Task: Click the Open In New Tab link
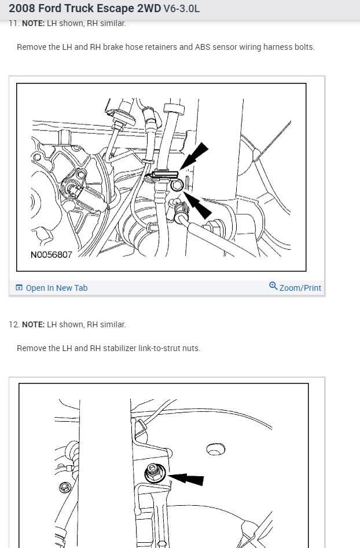52,288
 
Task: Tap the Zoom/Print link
295,288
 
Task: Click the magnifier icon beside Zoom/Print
273,286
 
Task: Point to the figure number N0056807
52,254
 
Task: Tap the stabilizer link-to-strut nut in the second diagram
153,473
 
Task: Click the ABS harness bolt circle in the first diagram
177,185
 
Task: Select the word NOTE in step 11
33,23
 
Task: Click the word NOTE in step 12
33,324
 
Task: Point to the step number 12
14,324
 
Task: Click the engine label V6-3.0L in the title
181,8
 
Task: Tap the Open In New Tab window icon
19,288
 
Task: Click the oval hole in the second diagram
216,450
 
